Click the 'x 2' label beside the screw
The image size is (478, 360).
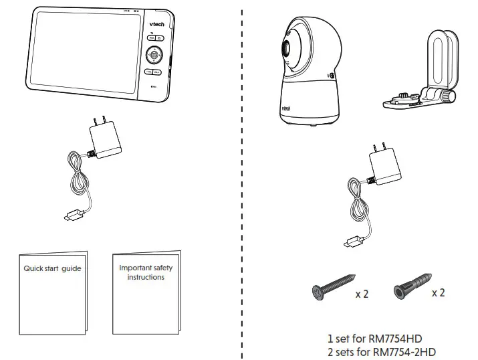pos(362,294)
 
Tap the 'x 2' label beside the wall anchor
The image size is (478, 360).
pos(438,293)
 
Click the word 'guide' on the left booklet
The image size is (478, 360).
pos(71,268)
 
